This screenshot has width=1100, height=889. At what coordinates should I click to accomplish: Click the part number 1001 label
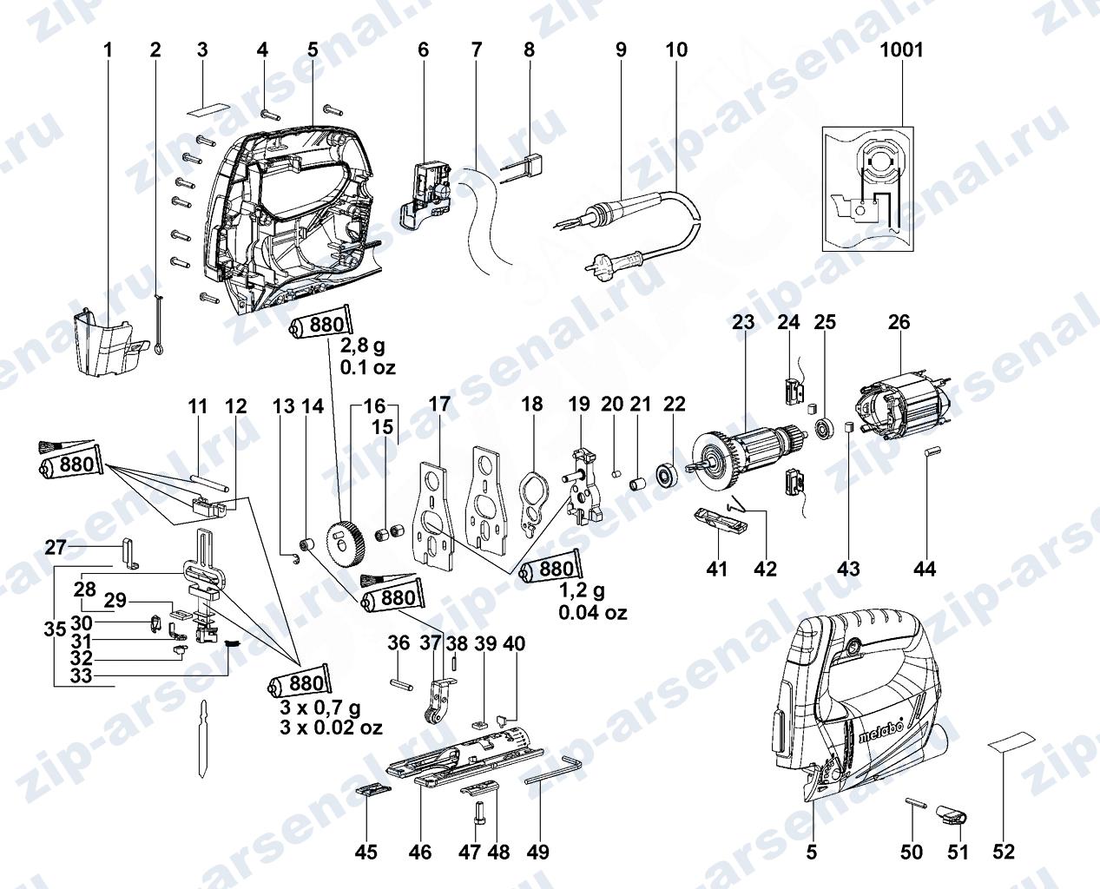click(x=901, y=50)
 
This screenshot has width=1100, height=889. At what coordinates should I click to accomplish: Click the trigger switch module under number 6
click(x=426, y=194)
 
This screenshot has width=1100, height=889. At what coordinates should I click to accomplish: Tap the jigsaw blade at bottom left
click(x=204, y=739)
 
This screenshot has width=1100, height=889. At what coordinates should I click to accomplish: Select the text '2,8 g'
click(x=363, y=346)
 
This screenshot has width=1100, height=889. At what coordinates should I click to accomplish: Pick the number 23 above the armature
click(x=743, y=322)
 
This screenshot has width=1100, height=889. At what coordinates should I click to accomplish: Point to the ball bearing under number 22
click(x=666, y=475)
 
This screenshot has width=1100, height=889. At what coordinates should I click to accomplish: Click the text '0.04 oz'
click(x=593, y=613)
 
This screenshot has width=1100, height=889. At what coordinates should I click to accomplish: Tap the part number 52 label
click(x=1004, y=852)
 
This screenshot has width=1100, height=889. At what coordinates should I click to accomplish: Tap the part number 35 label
click(x=55, y=629)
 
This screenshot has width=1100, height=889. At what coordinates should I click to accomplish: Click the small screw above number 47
click(x=478, y=814)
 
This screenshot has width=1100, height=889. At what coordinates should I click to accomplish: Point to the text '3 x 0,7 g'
click(x=320, y=708)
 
